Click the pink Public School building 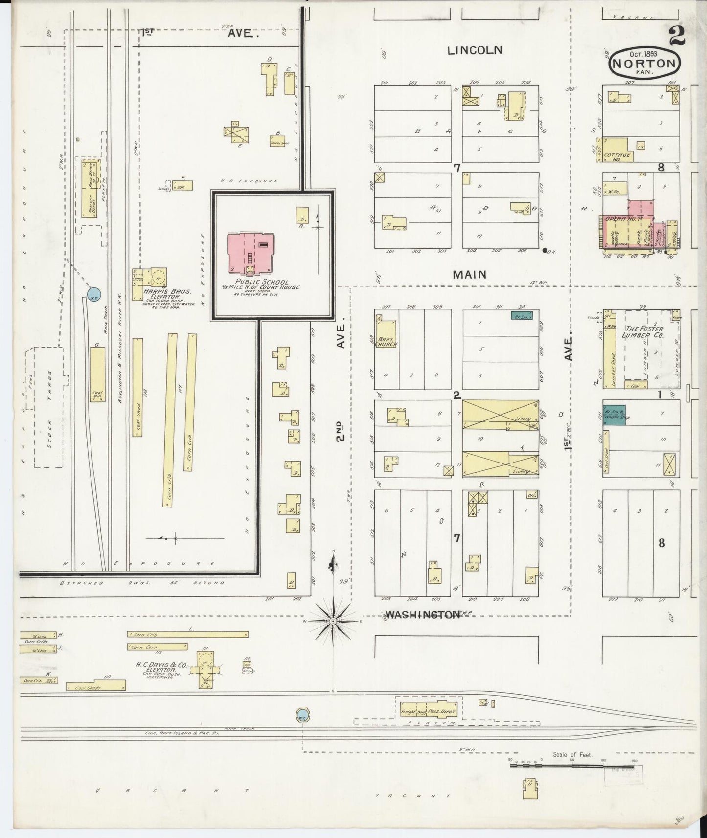251,253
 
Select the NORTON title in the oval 644,63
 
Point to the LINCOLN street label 474,50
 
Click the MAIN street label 469,274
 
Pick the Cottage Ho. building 616,150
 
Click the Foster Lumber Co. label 642,332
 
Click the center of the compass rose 333,621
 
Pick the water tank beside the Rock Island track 302,717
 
